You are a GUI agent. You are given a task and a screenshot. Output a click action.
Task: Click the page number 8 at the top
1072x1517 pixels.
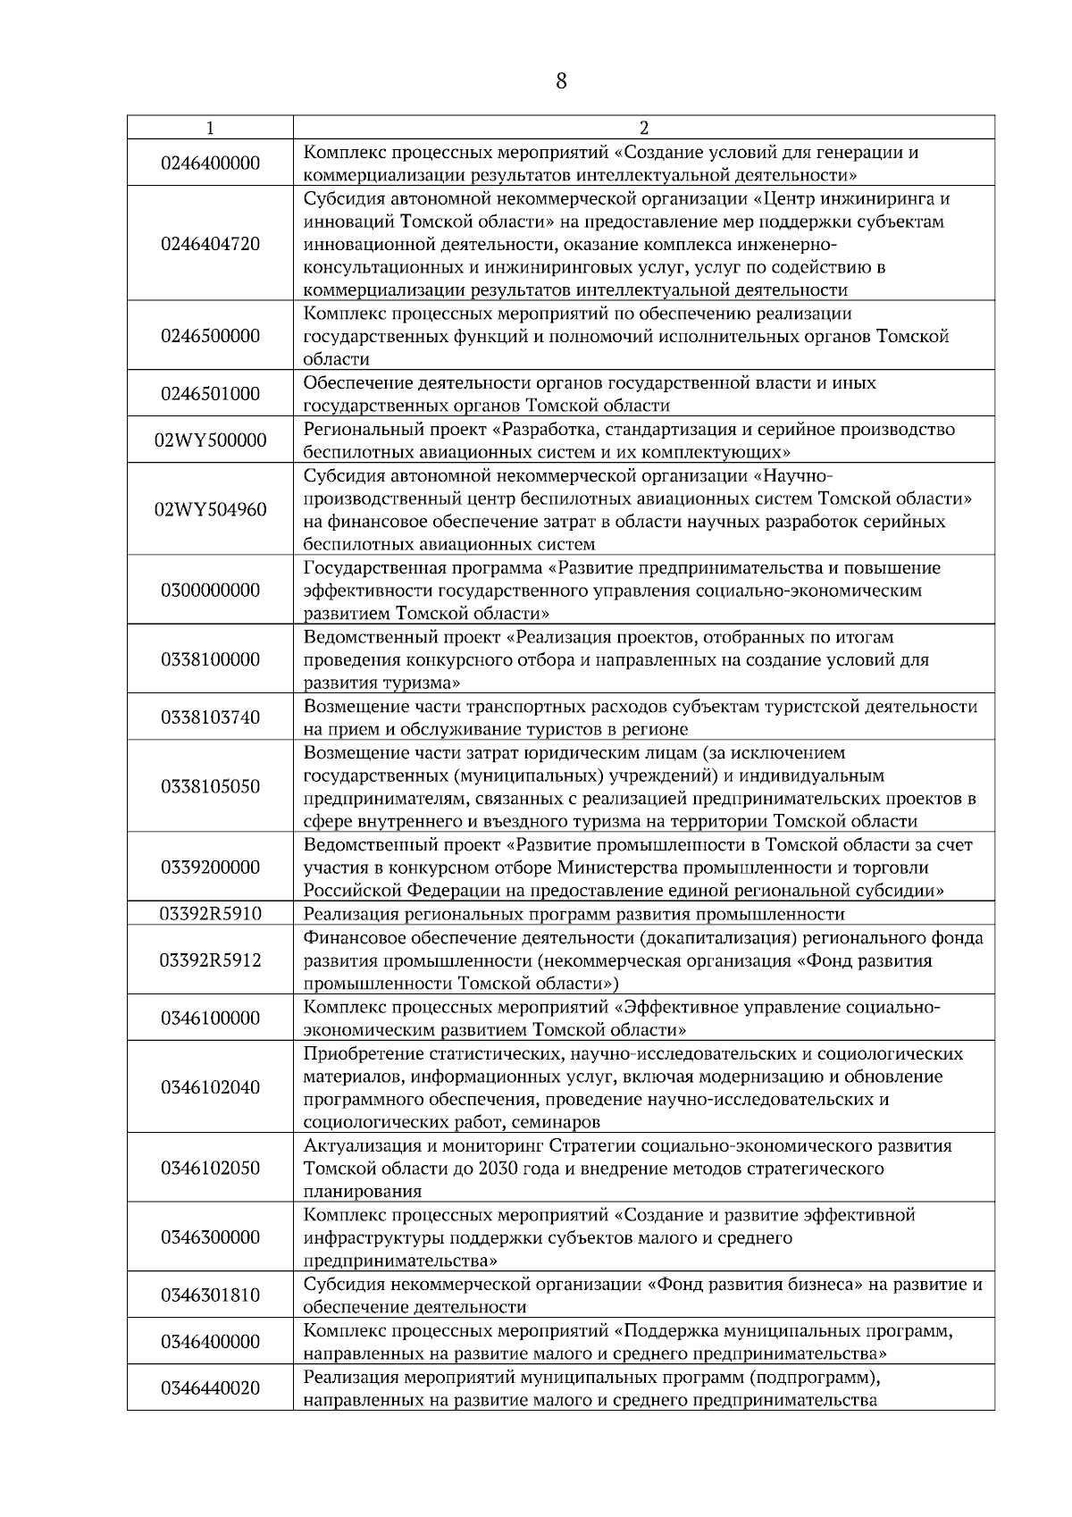[x=560, y=81]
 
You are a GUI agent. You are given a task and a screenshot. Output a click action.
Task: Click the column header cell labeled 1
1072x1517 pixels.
[x=210, y=128]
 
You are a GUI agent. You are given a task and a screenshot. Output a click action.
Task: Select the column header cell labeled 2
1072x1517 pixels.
[x=643, y=128]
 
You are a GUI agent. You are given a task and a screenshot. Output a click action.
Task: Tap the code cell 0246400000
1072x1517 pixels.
[x=210, y=163]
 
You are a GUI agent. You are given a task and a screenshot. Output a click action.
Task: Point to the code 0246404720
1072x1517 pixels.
[x=210, y=244]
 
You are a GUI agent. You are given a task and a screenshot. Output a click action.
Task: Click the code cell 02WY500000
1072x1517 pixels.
[x=210, y=440]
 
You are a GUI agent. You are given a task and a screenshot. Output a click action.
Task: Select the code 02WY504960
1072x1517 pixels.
[x=210, y=510]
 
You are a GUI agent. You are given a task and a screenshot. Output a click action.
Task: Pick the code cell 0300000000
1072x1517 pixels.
[x=210, y=591]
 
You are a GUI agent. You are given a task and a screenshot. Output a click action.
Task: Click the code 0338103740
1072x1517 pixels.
[x=210, y=717]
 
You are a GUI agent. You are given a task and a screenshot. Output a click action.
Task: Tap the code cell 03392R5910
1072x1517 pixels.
[x=210, y=914]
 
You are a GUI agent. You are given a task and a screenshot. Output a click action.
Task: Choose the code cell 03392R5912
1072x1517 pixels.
[x=210, y=960]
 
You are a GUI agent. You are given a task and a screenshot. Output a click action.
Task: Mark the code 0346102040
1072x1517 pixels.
[x=210, y=1087]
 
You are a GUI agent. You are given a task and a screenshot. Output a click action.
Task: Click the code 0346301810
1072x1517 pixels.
[x=210, y=1295]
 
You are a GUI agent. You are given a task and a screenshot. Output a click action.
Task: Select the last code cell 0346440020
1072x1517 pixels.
[x=210, y=1388]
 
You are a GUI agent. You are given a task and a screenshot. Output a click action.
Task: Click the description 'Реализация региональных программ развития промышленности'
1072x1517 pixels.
[x=574, y=914]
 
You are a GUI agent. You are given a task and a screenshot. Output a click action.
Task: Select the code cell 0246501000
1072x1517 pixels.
[x=210, y=394]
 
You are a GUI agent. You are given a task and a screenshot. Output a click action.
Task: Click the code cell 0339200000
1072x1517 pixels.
[x=210, y=867]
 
